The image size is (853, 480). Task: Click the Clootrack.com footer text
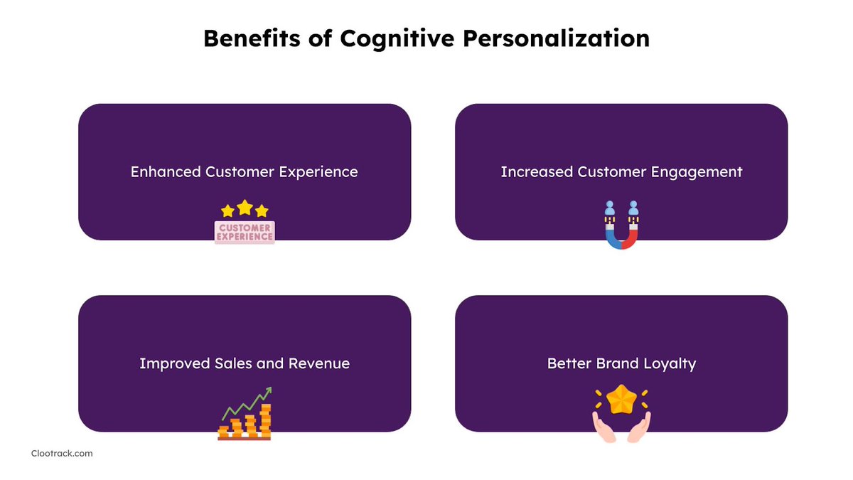coord(62,453)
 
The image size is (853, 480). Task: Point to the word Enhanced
coord(165,171)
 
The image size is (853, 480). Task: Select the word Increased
coord(536,171)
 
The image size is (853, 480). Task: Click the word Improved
coord(174,363)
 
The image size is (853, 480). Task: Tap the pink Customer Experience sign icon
coord(245,233)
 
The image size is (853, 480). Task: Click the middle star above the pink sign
coord(245,207)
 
